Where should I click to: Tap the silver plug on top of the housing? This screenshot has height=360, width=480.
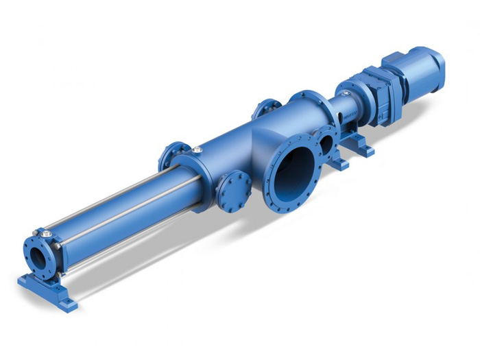197,149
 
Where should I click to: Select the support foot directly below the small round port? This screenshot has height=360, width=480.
338,164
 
